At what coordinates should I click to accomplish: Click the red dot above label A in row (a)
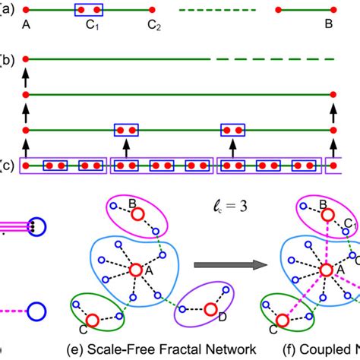26,10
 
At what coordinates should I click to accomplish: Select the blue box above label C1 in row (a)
88,10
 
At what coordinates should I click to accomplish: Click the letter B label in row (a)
329,24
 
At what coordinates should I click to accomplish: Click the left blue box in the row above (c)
126,130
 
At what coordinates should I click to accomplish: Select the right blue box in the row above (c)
231,130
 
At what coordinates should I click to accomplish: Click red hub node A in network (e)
135,270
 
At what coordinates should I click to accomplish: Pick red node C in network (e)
92,321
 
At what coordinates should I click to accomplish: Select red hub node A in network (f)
326,270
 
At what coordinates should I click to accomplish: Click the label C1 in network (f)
352,224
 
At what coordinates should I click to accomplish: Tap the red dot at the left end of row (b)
26,58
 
